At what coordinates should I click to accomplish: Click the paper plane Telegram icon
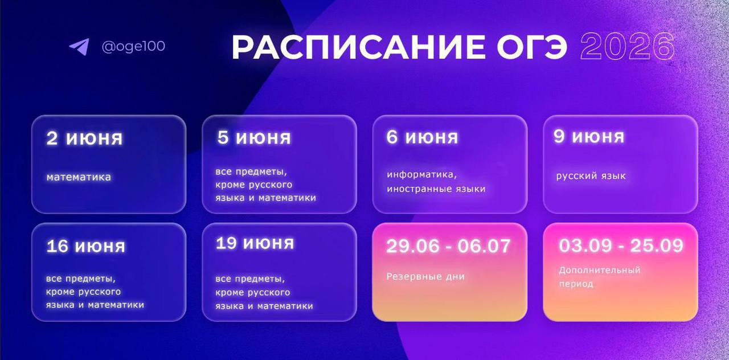point(79,47)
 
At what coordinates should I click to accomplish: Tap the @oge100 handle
point(133,46)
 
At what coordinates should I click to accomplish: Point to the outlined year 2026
point(628,47)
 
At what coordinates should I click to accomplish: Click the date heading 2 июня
point(85,138)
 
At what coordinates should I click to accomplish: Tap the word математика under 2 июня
point(79,177)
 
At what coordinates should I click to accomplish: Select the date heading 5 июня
point(254,137)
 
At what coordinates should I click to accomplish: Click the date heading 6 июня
point(422,137)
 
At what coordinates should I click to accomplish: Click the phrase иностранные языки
point(436,189)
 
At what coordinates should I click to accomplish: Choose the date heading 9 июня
point(589,136)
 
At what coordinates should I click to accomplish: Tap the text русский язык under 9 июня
point(591,176)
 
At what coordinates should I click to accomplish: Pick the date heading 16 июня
point(86,247)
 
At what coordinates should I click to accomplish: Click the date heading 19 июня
point(255,243)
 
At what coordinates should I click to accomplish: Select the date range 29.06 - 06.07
point(448,246)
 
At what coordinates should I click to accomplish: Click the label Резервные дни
point(425,277)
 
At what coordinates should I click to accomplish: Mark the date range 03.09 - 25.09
point(621,246)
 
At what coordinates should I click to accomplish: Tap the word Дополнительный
point(600,271)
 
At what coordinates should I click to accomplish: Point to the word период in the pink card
point(576,284)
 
